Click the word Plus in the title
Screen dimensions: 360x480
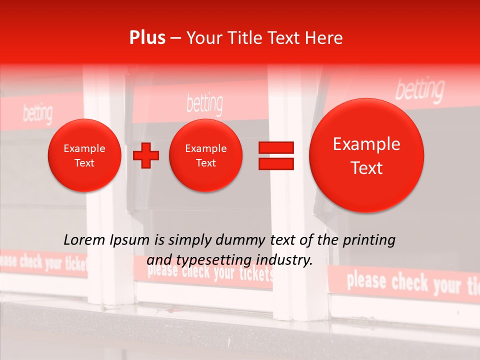tap(147, 38)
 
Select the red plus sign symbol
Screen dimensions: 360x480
tap(145, 155)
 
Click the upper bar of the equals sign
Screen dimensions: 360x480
tap(276, 147)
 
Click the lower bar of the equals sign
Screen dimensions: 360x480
tap(276, 163)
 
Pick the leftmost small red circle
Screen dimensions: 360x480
tap(84, 155)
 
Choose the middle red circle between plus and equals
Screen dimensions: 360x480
tap(206, 155)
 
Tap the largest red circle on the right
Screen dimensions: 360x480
tap(366, 155)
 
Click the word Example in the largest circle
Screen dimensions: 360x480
tap(366, 144)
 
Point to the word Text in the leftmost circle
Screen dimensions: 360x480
tap(84, 163)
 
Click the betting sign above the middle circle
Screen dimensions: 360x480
tap(204, 103)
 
